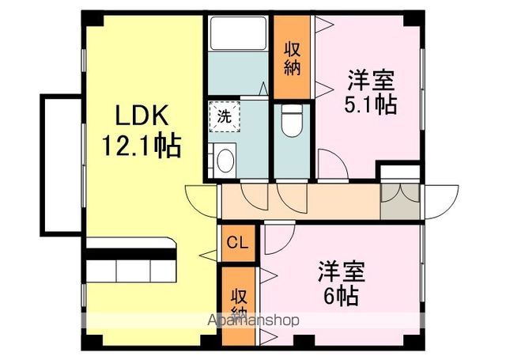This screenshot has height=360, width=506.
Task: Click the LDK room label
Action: click(x=142, y=117)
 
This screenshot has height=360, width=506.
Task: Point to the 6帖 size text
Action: click(x=340, y=296)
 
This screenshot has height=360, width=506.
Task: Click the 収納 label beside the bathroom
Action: click(x=293, y=58)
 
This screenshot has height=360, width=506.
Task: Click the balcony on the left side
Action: click(x=60, y=164)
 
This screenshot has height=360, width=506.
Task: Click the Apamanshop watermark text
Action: click(x=253, y=321)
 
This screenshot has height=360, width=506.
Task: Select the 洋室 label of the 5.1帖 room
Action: click(x=371, y=81)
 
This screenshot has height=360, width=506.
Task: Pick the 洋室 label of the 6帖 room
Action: click(x=341, y=271)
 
